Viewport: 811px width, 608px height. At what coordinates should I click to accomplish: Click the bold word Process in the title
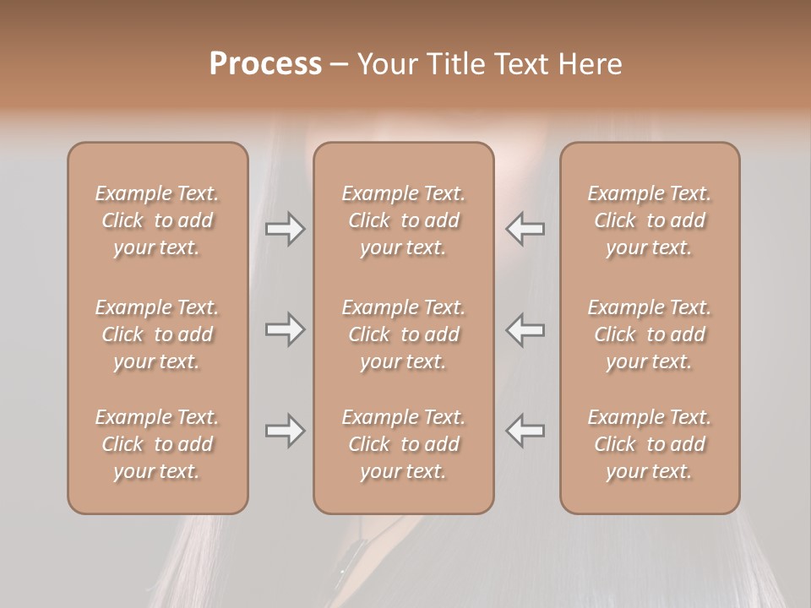click(x=265, y=64)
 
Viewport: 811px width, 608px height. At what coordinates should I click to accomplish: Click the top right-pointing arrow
click(x=285, y=229)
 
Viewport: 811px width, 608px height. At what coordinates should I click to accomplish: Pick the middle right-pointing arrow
click(x=285, y=329)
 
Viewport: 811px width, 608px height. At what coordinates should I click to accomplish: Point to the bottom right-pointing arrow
click(x=285, y=431)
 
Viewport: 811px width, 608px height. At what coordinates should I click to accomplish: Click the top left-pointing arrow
click(x=525, y=229)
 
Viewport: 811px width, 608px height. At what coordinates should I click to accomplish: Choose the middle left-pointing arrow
click(x=525, y=329)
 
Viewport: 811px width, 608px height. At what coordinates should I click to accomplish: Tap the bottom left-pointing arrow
click(x=525, y=431)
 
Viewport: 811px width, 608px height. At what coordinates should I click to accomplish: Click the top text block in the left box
click(x=157, y=220)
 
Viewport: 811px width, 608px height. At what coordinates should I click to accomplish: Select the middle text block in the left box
click(x=157, y=334)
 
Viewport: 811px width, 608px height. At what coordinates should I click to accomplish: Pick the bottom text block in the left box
click(x=157, y=444)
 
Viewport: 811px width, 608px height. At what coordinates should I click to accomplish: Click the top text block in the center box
click(x=403, y=220)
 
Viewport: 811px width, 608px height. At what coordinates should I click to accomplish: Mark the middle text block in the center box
click(x=403, y=334)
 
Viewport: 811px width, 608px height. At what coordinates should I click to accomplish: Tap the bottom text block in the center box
click(x=403, y=444)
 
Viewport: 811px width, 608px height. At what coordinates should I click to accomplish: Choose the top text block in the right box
click(x=649, y=220)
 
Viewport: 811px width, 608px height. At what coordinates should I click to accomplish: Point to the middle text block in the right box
click(x=649, y=334)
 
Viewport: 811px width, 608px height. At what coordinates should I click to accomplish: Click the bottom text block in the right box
click(x=649, y=444)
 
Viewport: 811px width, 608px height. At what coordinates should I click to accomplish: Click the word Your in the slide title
click(x=385, y=64)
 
